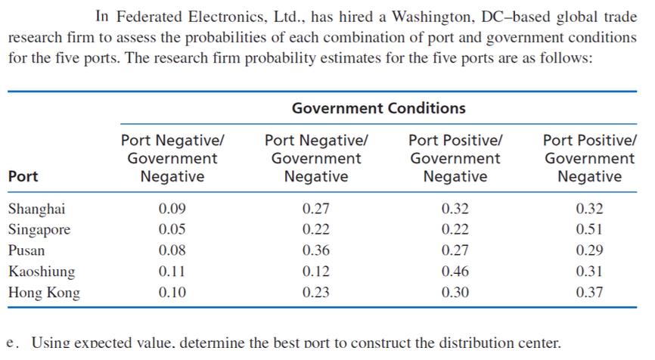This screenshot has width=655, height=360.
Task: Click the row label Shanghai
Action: tap(36, 209)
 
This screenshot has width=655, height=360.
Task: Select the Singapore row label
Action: tap(39, 229)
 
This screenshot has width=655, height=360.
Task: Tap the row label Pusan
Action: tap(26, 250)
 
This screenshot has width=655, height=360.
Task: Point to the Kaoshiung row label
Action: tap(42, 272)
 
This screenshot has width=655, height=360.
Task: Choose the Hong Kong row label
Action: tap(43, 293)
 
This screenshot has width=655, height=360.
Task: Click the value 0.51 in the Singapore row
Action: tap(589, 229)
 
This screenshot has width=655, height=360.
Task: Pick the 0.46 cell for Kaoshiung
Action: tap(455, 272)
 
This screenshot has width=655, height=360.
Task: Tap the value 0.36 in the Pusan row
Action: tap(315, 250)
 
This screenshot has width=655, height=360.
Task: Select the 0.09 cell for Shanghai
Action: tap(172, 209)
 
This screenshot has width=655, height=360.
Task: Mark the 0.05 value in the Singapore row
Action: tap(172, 229)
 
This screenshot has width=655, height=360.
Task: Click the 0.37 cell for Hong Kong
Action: tap(589, 293)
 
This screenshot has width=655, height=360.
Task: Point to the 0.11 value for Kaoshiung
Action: tap(172, 272)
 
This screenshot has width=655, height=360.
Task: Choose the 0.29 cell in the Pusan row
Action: tap(589, 250)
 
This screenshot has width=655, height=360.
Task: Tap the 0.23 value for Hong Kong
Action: tap(315, 293)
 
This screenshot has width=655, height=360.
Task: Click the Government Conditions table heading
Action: tap(378, 108)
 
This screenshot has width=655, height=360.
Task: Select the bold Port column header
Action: tap(23, 176)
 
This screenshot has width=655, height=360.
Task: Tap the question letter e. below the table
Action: tap(12, 342)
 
